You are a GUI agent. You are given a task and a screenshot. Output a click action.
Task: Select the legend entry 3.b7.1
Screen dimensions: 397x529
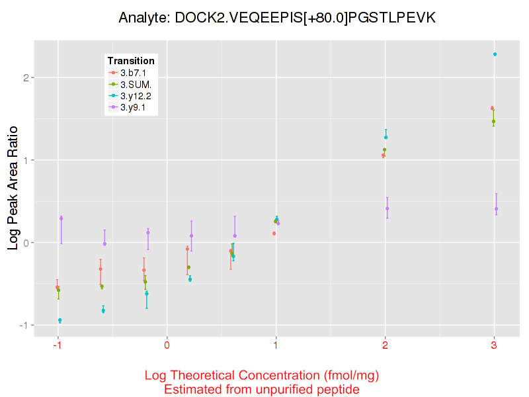coord(132,72)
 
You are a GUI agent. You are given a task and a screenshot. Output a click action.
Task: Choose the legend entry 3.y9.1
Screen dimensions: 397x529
coord(132,107)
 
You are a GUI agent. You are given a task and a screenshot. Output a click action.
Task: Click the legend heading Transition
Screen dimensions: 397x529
coord(131,61)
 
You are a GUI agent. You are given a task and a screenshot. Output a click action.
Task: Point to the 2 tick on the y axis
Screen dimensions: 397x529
coord(27,77)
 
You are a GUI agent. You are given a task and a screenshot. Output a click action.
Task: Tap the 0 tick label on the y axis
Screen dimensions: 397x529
coord(27,243)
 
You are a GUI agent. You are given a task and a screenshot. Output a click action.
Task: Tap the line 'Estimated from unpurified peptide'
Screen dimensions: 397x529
coord(262,390)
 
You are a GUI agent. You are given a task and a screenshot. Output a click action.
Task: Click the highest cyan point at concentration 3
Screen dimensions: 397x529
coord(495,54)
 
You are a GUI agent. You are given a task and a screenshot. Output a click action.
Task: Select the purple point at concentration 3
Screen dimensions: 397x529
coord(496,209)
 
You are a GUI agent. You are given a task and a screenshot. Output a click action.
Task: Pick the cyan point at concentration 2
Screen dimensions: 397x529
coord(386,138)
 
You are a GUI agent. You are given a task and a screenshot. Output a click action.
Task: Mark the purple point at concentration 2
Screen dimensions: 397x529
coord(387,208)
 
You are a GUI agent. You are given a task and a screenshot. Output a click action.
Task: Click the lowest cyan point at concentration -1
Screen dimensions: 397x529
coord(60,320)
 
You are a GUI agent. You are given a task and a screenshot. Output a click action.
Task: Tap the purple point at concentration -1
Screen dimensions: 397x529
coord(61,218)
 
